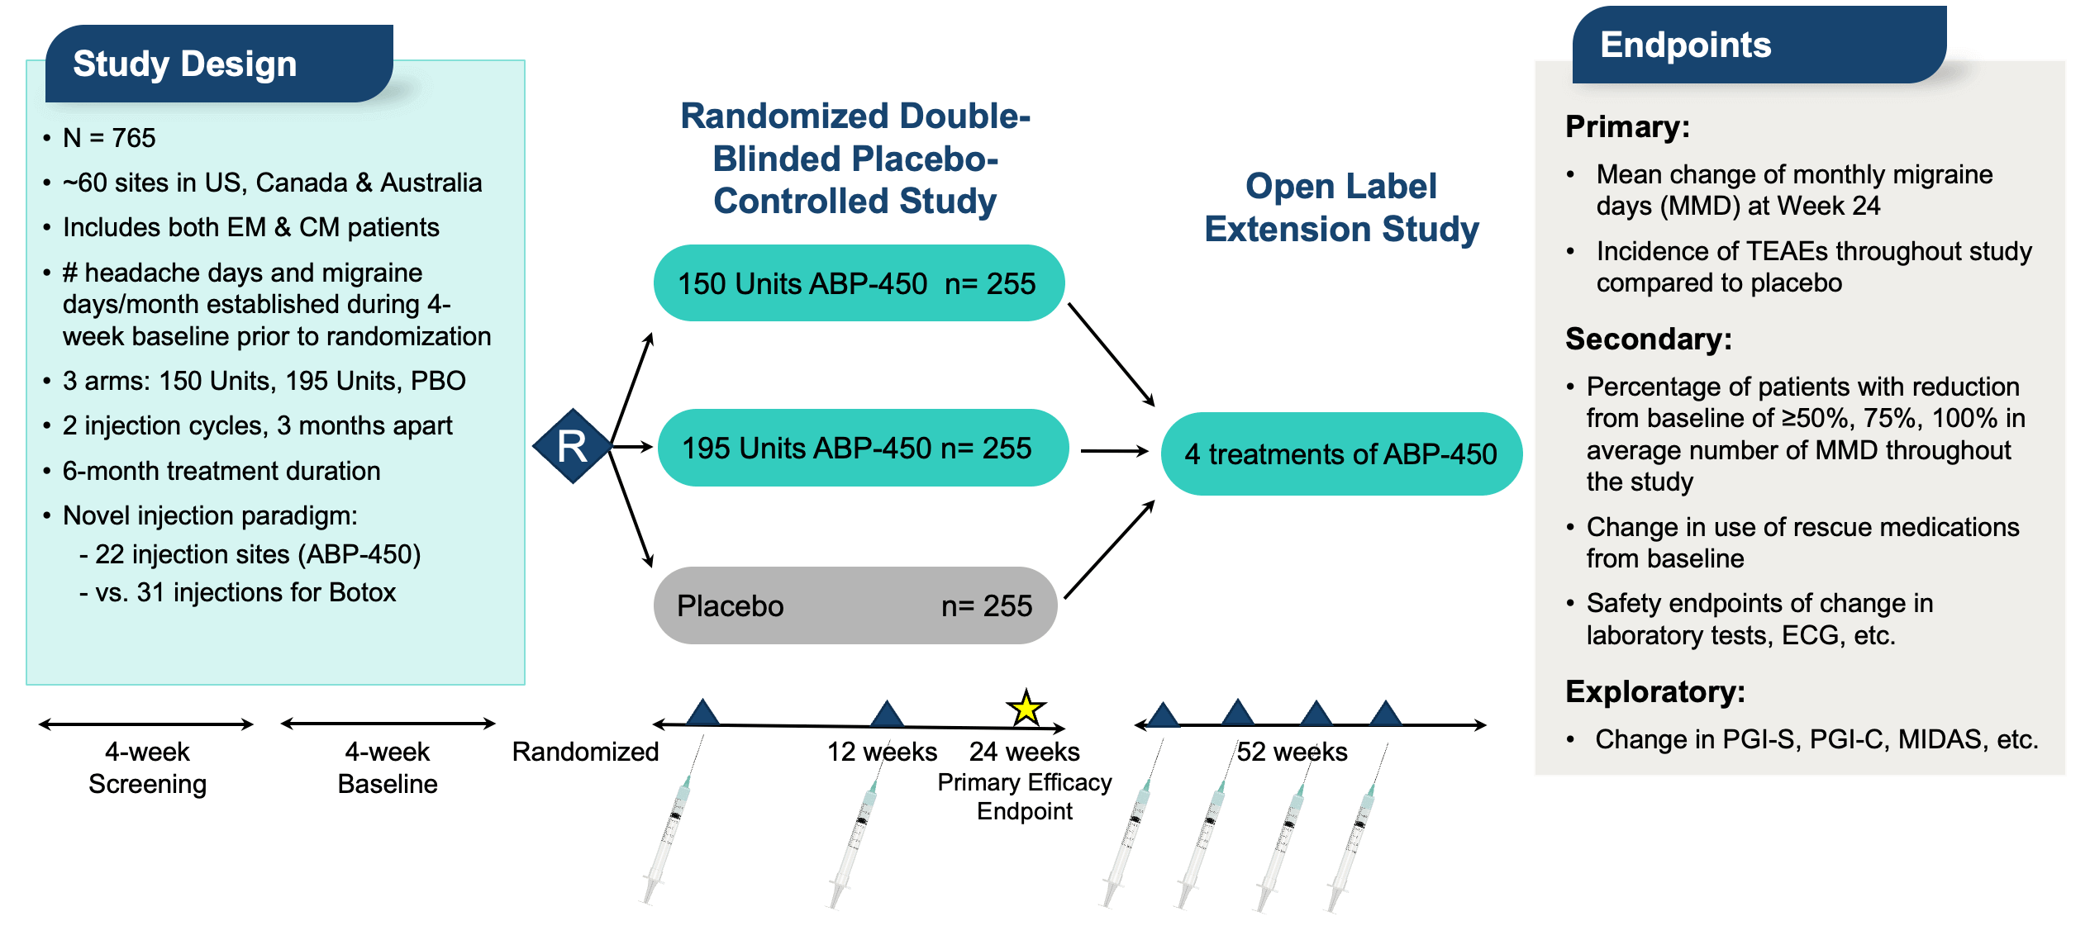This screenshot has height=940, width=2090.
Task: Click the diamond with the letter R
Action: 572,446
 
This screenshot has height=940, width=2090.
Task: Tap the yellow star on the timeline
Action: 1026,708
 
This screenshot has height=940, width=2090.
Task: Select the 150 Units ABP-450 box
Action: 858,283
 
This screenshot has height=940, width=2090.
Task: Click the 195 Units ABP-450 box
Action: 862,448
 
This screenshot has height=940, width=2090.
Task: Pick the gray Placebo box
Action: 855,605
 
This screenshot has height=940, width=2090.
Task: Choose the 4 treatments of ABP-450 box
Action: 1340,453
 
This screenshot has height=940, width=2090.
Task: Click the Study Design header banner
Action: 219,64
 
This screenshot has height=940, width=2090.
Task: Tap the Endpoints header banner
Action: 1759,45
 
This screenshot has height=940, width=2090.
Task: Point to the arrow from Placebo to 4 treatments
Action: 1109,549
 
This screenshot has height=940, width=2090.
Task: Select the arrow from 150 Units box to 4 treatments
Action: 1111,354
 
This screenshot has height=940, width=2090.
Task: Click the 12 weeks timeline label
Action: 882,752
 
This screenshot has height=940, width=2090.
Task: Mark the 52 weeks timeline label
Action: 1292,752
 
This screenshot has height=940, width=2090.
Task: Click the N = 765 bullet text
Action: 109,137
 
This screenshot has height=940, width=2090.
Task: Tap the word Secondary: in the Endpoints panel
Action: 1648,339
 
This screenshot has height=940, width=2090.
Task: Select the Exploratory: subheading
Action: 1654,691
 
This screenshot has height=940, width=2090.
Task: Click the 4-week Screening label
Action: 147,767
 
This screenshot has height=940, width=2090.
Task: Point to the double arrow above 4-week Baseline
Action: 388,724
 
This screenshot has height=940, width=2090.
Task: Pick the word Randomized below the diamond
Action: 585,752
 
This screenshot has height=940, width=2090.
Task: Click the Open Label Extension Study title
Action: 1341,207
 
